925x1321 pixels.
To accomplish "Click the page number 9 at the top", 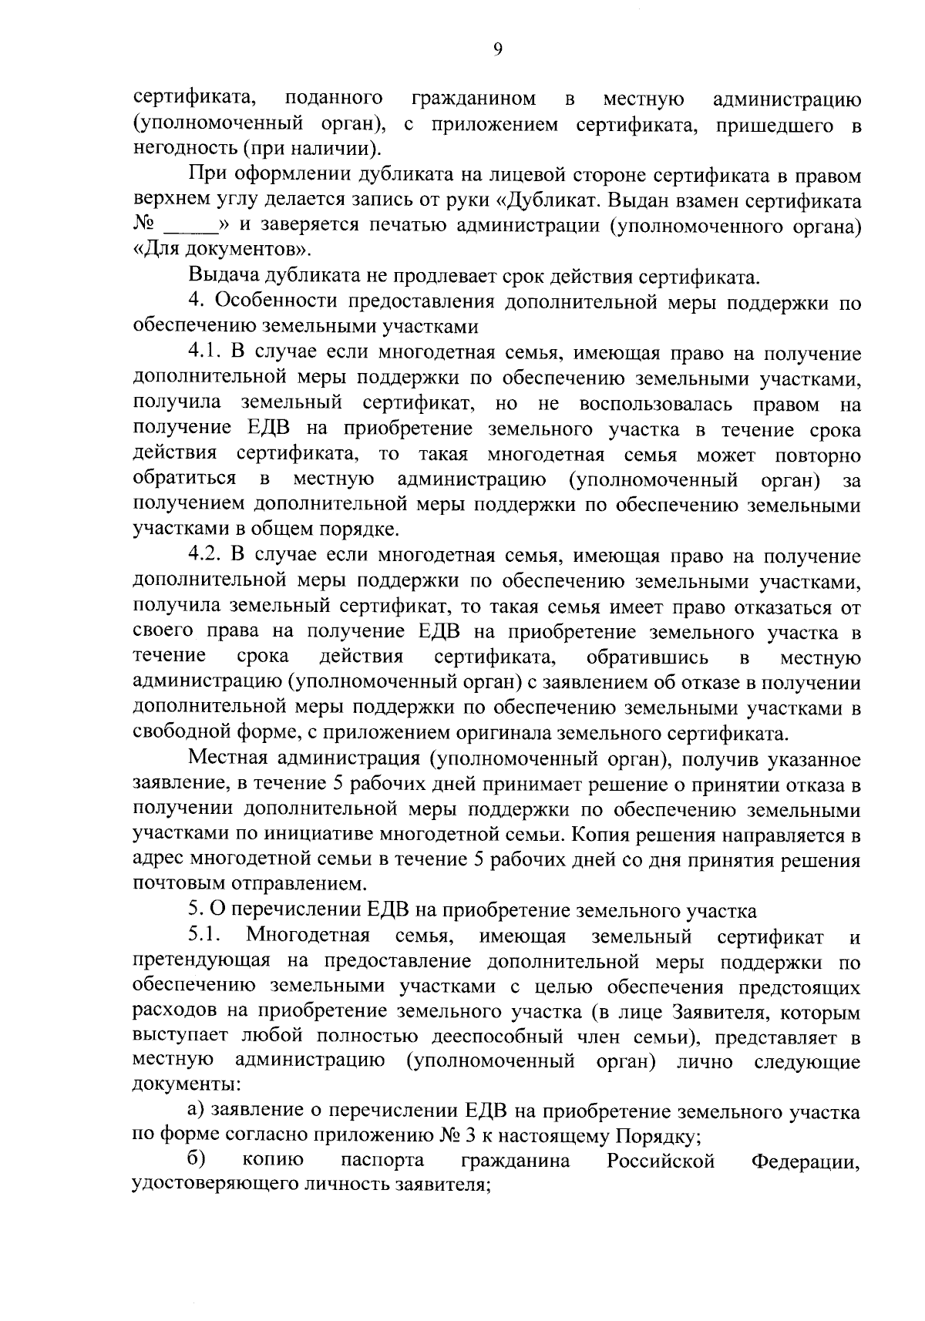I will [x=497, y=50].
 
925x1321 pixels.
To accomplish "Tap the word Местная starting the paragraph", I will [x=234, y=760].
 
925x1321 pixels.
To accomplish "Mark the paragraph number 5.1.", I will [x=205, y=936].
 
